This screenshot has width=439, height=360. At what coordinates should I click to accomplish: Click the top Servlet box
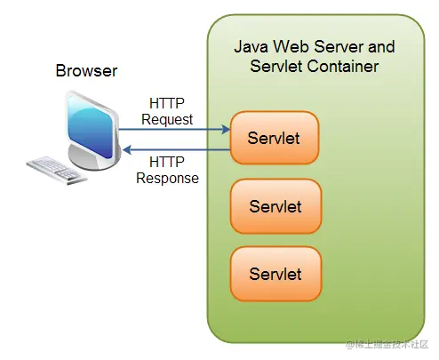click(x=275, y=138)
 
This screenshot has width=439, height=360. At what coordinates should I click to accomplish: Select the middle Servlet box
click(x=275, y=206)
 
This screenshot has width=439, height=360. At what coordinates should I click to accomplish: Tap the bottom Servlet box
click(x=275, y=274)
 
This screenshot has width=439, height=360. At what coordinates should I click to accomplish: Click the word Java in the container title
click(x=250, y=46)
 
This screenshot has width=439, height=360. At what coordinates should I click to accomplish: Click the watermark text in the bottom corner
click(x=385, y=344)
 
